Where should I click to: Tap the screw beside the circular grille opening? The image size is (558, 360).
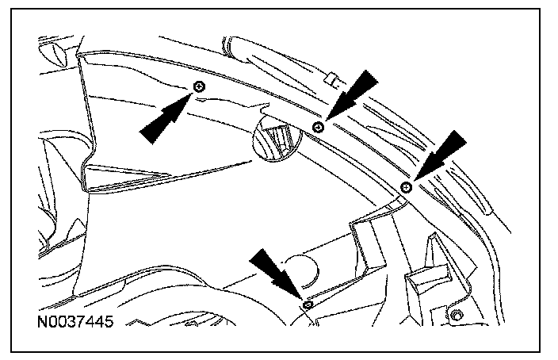pyautogui.click(x=319, y=127)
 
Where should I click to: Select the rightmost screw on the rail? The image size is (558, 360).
pyautogui.click(x=406, y=186)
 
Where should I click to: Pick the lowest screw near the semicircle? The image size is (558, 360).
pyautogui.click(x=305, y=304)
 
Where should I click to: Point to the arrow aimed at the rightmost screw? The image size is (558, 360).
pyautogui.click(x=438, y=155)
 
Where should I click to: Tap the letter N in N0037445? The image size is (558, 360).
pyautogui.click(x=41, y=324)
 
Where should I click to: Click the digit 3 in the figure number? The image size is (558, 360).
pyautogui.click(x=68, y=324)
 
